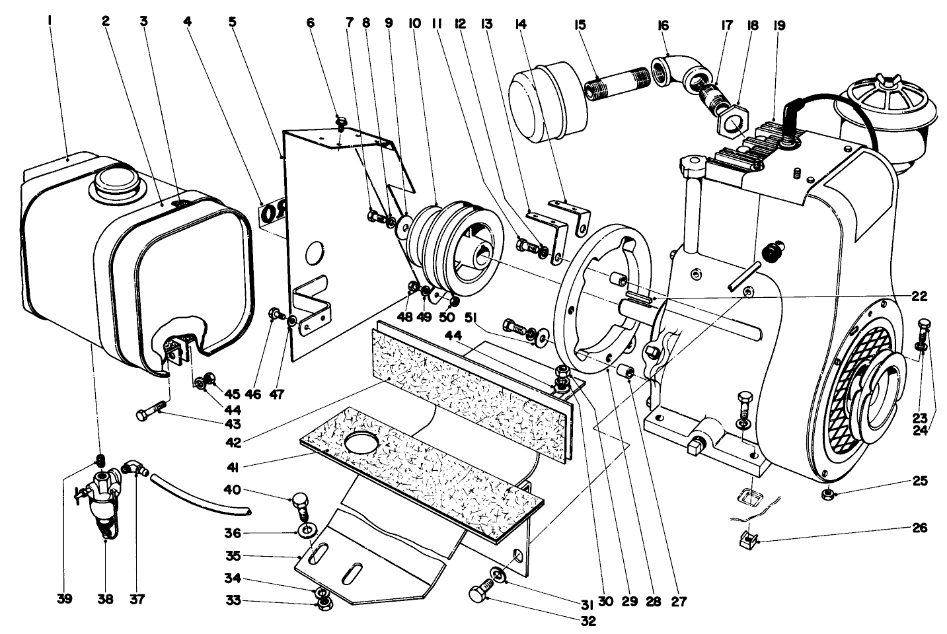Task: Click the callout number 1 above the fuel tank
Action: [x=50, y=21]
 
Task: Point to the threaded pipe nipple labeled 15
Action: [x=609, y=88]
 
